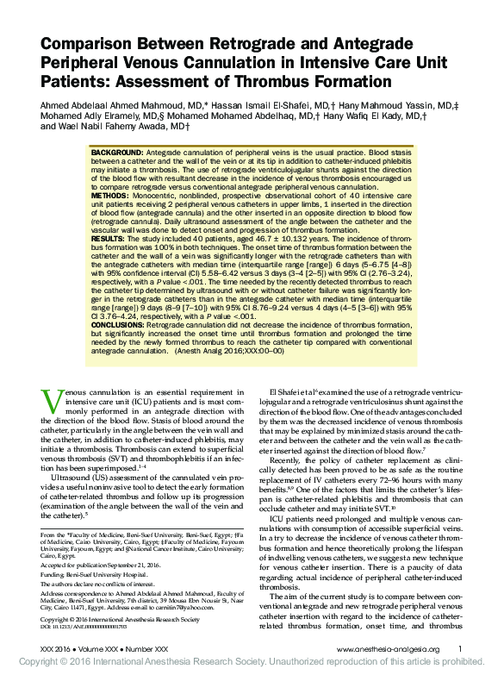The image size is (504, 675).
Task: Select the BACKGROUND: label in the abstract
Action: tap(117, 151)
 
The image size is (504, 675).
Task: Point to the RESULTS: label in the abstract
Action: tap(109, 238)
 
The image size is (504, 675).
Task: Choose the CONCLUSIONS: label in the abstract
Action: tap(120, 326)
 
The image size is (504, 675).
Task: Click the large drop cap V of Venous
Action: tap(51, 399)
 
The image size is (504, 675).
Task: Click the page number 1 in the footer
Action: tap(461, 647)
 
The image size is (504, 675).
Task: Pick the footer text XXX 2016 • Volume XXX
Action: tap(90, 648)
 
